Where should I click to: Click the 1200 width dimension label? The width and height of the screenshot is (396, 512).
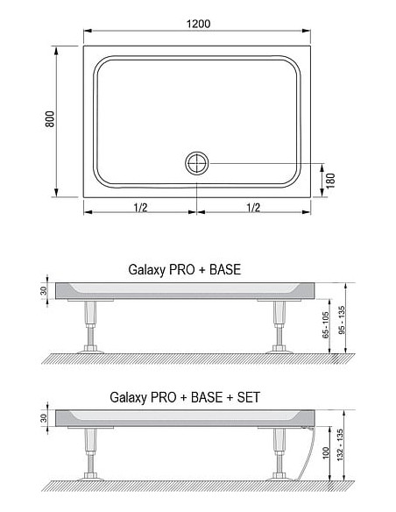(198, 24)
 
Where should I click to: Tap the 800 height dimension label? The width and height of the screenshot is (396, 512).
(50, 119)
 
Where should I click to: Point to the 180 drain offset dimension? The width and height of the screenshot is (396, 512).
(331, 181)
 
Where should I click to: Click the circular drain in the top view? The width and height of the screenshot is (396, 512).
(197, 163)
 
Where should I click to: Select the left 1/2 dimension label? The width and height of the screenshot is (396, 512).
(140, 207)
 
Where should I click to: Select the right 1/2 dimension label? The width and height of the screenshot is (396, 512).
(253, 207)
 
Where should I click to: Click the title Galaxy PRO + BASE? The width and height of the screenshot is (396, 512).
(185, 270)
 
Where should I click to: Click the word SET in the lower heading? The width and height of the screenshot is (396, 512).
(249, 397)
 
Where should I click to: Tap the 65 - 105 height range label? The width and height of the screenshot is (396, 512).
(326, 325)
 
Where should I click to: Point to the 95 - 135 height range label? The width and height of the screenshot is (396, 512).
(342, 320)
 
